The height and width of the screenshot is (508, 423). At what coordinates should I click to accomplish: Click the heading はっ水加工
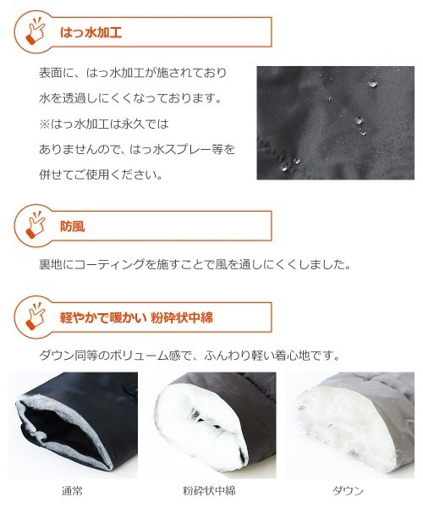91,33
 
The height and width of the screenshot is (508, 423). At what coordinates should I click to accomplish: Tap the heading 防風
73,226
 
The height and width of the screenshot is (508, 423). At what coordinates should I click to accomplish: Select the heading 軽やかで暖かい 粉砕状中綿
136,317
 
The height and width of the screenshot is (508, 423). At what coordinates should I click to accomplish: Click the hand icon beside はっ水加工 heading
36,31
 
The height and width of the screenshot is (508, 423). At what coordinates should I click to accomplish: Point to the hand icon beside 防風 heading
36,225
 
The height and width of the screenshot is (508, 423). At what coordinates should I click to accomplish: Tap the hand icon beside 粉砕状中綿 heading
36,317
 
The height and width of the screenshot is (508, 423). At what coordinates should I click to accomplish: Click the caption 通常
72,491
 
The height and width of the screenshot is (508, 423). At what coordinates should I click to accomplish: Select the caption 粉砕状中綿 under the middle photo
209,491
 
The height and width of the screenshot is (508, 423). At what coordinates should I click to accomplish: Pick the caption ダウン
349,491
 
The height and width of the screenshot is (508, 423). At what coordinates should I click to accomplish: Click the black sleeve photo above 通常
74,425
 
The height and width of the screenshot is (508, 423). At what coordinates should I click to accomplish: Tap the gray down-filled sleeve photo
350,425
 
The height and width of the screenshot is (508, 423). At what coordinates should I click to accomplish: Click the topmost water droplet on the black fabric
372,84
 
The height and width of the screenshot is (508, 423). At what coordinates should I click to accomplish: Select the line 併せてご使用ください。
101,175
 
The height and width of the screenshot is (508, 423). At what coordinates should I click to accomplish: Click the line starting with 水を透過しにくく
131,98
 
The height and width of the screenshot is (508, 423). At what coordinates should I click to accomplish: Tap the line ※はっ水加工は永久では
104,124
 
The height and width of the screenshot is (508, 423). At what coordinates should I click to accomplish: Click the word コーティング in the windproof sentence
109,265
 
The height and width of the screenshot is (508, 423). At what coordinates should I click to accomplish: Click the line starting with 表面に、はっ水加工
133,73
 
